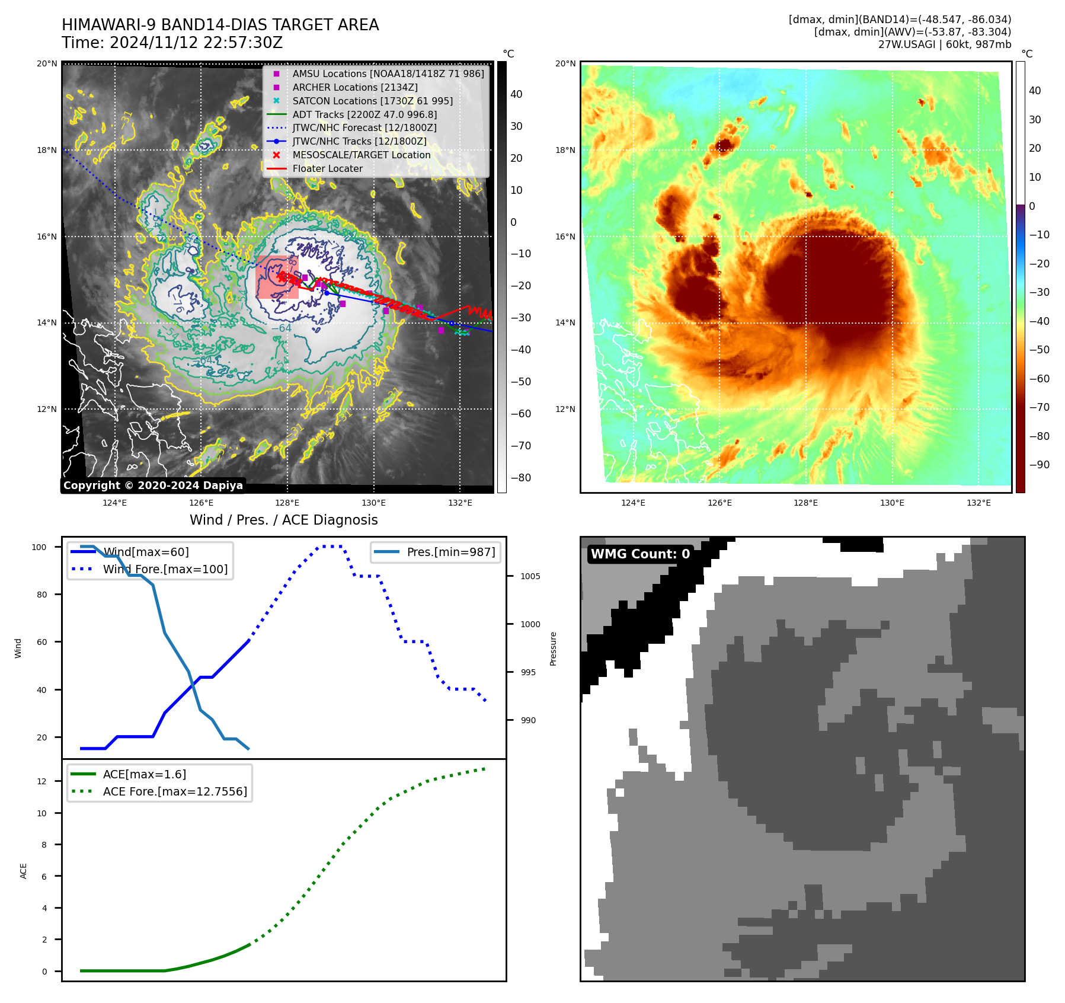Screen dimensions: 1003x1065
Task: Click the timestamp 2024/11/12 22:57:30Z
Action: (196, 43)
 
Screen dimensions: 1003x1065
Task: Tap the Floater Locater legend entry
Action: (327, 168)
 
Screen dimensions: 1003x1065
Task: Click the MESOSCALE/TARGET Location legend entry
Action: (361, 155)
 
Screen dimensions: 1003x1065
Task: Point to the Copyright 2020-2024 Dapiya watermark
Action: (153, 485)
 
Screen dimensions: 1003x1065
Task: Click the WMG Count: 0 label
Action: (640, 554)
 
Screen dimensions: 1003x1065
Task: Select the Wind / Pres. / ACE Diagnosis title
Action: (283, 520)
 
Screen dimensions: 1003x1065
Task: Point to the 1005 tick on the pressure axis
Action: (530, 576)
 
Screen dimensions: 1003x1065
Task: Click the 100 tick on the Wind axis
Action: (39, 547)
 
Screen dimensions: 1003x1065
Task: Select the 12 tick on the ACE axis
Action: (41, 781)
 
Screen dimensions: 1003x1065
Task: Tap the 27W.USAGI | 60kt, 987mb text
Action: (944, 44)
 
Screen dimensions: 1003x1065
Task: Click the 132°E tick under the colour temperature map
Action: (978, 503)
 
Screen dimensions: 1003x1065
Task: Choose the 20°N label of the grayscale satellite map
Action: (47, 63)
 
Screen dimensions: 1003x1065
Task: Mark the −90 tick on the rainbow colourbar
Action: (1039, 465)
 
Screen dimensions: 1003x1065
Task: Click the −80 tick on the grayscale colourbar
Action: (521, 478)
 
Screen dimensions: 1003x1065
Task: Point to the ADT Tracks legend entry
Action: (364, 114)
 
